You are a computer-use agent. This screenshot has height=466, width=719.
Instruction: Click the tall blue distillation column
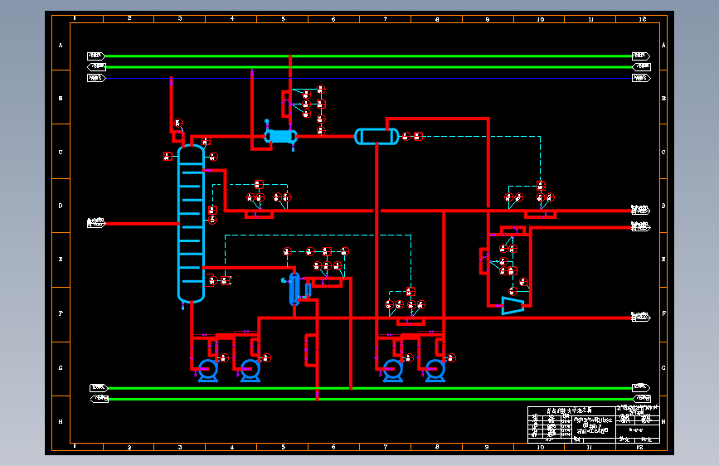191,224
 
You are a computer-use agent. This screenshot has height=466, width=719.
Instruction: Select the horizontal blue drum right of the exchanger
376,136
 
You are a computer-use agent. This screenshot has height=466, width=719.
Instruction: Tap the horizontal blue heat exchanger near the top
281,136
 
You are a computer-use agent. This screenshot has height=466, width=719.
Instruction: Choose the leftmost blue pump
207,370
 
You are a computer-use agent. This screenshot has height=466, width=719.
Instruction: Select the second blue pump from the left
250,370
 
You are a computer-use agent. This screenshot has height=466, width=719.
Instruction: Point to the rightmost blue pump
435,370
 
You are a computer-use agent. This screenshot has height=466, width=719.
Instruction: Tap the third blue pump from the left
392,370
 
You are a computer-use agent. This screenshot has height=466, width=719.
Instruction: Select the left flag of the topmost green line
96,56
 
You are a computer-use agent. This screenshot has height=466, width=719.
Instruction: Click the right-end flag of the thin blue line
640,78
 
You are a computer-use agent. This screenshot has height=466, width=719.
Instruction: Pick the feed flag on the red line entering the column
96,223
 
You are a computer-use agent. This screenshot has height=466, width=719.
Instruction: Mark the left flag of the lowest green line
100,399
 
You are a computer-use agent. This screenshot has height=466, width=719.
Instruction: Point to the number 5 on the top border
283,17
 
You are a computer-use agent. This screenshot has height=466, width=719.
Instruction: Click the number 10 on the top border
540,17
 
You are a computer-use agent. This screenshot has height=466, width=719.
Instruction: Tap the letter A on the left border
60,46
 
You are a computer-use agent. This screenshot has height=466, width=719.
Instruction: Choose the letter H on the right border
664,421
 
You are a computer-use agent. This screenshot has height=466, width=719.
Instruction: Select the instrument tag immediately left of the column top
168,155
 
